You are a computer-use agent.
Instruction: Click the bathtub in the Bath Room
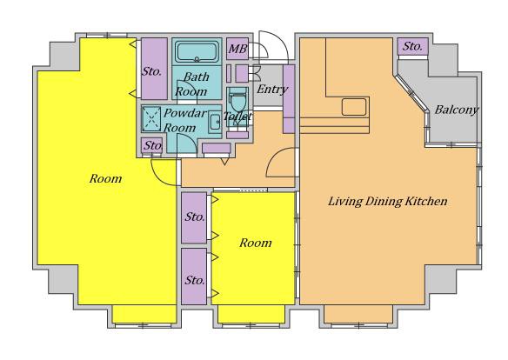click(x=197, y=51)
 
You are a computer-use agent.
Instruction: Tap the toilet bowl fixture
click(x=237, y=100)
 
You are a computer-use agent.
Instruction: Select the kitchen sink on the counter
click(x=354, y=107)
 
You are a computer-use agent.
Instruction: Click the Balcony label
click(x=456, y=110)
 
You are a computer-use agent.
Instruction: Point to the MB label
click(x=237, y=49)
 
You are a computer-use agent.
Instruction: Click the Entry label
click(x=272, y=90)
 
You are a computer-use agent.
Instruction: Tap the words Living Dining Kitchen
click(x=388, y=202)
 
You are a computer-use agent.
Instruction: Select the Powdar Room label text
click(x=184, y=120)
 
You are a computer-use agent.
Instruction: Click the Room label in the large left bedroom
click(x=105, y=178)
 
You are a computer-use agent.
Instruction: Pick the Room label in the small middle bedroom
click(x=256, y=243)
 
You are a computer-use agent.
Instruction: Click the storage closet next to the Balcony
click(x=412, y=46)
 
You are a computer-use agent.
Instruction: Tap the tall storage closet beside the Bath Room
click(x=154, y=69)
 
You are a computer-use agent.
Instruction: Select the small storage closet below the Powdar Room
click(x=151, y=145)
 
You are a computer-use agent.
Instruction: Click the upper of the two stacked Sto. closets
click(x=194, y=217)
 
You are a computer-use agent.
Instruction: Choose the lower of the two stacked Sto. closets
click(x=194, y=277)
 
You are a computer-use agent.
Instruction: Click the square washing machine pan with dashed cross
click(x=151, y=119)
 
